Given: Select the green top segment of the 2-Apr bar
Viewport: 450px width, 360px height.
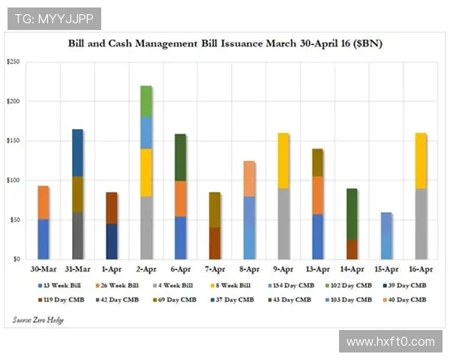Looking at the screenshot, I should tap(146, 101).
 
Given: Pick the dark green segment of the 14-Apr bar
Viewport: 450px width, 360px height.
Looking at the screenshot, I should tap(352, 214).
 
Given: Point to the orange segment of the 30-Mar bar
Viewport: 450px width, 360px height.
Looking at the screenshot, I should tap(43, 202).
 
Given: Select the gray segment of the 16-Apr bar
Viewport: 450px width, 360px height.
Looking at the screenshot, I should tap(421, 223).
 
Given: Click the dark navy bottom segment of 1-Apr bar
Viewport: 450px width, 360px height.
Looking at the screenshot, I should tap(112, 241).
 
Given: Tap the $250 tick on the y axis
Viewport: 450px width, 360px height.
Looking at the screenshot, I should tap(13, 62).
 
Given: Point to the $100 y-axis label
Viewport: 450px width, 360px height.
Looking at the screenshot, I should tap(13, 181).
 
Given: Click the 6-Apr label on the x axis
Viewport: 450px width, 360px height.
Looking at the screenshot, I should tap(180, 268).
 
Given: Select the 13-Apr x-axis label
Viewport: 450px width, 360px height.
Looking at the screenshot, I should tap(317, 268).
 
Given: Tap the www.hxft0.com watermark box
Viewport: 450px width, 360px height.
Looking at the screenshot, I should tap(389, 341).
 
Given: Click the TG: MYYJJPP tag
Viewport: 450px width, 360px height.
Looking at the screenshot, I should tap(53, 18).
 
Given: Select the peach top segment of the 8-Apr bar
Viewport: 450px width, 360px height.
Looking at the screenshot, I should tap(249, 178).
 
